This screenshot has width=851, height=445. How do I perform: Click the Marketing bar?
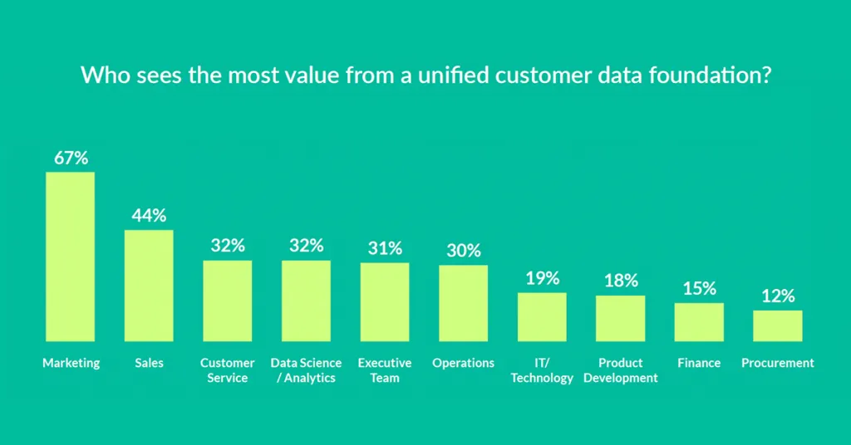[70, 257]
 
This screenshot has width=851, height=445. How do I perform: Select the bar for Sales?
[149, 286]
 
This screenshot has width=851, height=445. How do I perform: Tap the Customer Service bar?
[228, 301]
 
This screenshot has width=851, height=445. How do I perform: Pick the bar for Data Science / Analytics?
[306, 301]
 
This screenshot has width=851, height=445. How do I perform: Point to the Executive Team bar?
[385, 302]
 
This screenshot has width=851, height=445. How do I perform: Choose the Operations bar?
[463, 303]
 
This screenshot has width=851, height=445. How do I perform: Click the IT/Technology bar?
[542, 316]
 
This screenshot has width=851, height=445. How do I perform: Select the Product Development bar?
[620, 318]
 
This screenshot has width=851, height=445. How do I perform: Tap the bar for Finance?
[699, 322]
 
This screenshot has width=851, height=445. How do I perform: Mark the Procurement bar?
[778, 325]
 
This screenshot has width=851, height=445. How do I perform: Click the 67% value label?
[71, 158]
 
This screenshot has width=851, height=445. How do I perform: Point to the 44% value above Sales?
[149, 215]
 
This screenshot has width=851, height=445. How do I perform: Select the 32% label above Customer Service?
[228, 246]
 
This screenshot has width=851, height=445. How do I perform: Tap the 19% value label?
[542, 278]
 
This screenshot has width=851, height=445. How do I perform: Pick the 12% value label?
[778, 296]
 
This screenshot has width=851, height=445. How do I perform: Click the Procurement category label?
[778, 363]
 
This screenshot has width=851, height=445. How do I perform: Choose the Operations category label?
[463, 363]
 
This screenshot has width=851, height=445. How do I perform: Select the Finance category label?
[699, 363]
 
